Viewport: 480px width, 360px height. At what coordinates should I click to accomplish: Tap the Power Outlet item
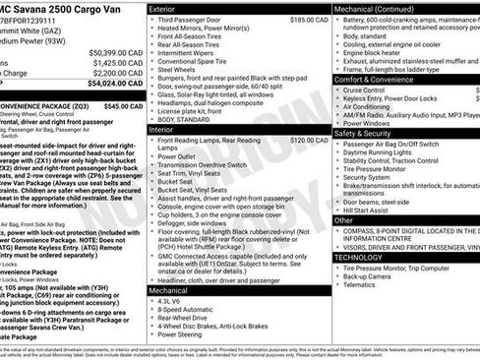182,155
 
